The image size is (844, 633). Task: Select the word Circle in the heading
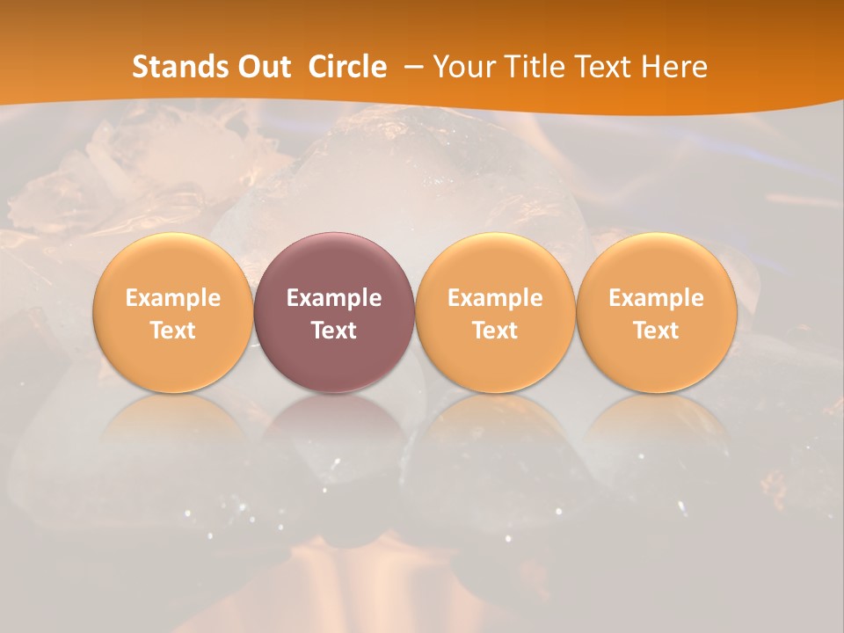coord(347,67)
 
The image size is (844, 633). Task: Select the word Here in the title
coord(675,67)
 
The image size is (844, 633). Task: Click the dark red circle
coord(334,312)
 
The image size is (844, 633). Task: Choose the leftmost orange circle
coord(172,312)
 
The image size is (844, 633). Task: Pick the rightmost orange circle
coord(657,312)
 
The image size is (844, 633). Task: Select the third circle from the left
coord(495,312)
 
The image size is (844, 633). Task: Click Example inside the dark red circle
coord(334,298)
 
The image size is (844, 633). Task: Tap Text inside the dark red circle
coord(334,331)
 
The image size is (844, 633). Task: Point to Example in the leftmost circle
coord(172,298)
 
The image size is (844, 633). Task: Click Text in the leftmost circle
coord(172,331)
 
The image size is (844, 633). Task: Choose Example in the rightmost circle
coord(657,298)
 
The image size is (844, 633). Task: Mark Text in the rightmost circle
coord(657,331)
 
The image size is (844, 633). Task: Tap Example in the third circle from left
coord(495,298)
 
